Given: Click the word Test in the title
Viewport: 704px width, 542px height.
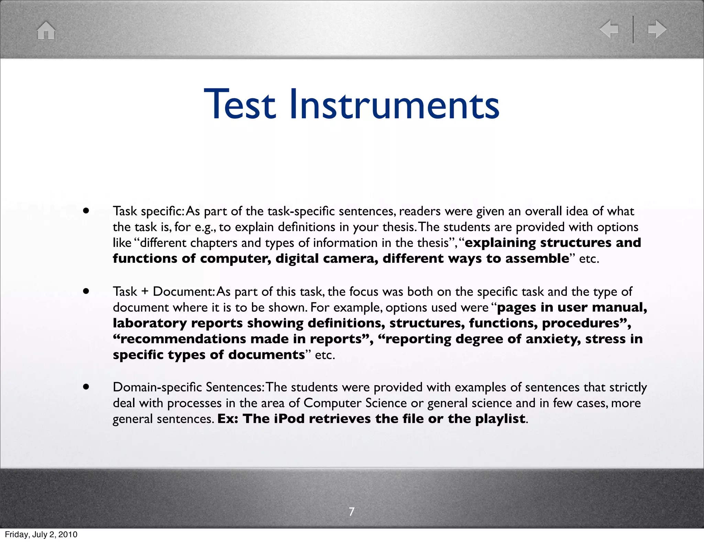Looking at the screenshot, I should pyautogui.click(x=240, y=104).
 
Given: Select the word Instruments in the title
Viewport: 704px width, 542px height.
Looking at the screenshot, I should pyautogui.click(x=394, y=104).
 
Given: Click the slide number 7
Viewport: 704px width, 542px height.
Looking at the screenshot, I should pyautogui.click(x=351, y=512).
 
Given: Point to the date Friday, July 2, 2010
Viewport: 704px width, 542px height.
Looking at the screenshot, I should pyautogui.click(x=41, y=534).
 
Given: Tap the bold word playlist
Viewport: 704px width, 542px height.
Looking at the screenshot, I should pyautogui.click(x=500, y=419).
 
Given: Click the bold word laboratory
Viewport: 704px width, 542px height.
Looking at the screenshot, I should pyautogui.click(x=150, y=323).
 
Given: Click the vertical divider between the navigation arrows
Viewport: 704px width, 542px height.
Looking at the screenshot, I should pyautogui.click(x=633, y=29).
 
